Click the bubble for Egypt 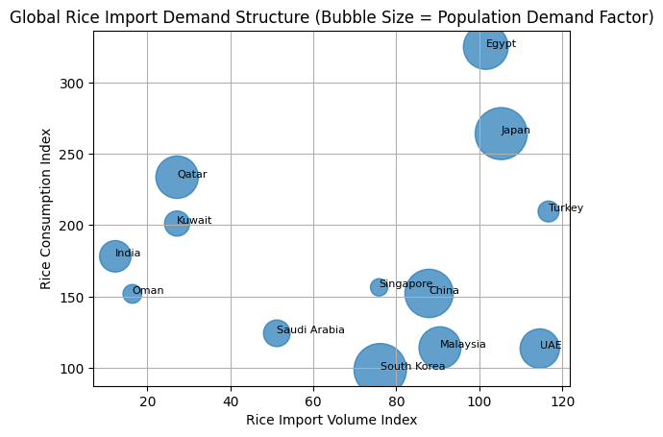click(x=485, y=46)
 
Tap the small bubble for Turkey click(x=548, y=211)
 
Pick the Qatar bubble click(x=177, y=177)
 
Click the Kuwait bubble click(x=176, y=224)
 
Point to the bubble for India click(x=115, y=255)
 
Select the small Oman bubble click(x=133, y=294)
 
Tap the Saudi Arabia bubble click(x=277, y=333)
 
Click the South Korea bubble click(x=381, y=369)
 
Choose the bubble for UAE click(x=540, y=348)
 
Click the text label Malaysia click(x=463, y=345)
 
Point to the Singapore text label click(x=405, y=284)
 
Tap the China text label click(x=444, y=291)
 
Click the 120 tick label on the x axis click(x=561, y=401)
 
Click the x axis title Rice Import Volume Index click(x=331, y=420)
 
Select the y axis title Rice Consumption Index click(x=45, y=208)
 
